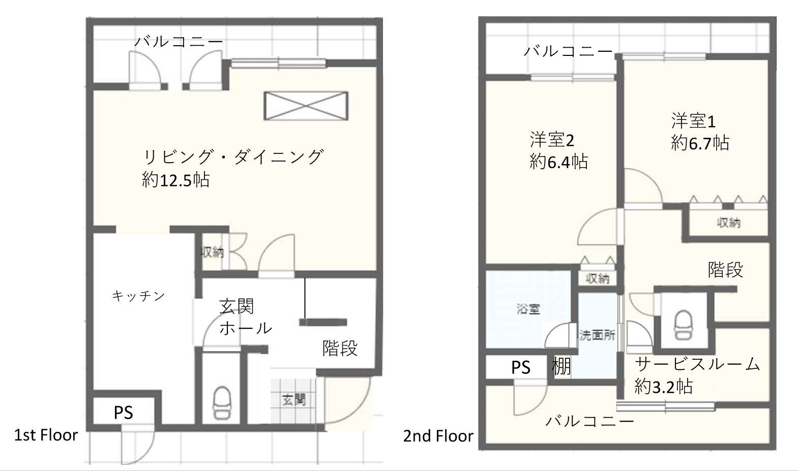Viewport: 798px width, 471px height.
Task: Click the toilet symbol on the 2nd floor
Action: (x=683, y=325)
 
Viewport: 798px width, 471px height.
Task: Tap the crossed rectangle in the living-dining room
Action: (x=306, y=106)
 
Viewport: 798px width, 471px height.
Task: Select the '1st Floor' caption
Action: (x=46, y=435)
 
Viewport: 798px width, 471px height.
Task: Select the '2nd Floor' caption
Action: (x=438, y=436)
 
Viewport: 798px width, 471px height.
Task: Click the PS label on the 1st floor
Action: (x=123, y=413)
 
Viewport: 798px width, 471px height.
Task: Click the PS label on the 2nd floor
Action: (x=521, y=367)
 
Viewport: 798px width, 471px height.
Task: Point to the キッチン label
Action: (x=138, y=296)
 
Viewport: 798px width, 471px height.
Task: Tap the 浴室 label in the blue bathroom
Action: (x=528, y=309)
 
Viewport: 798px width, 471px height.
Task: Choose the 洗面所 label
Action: (x=597, y=335)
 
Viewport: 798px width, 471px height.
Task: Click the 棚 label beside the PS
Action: (x=561, y=366)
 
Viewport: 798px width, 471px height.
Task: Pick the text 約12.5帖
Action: (x=175, y=179)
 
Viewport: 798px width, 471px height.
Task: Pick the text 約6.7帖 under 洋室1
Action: (x=700, y=143)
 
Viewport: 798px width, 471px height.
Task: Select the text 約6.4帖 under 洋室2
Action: (x=558, y=162)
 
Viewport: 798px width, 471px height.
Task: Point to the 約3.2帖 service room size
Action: (x=664, y=386)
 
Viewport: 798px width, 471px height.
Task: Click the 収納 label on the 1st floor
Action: (x=212, y=252)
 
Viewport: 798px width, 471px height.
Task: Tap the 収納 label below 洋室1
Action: (x=728, y=223)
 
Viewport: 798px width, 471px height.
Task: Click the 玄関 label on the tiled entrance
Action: (x=294, y=399)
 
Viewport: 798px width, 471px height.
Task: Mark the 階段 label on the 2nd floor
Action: (x=725, y=269)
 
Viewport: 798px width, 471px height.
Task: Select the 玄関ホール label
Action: (x=246, y=317)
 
